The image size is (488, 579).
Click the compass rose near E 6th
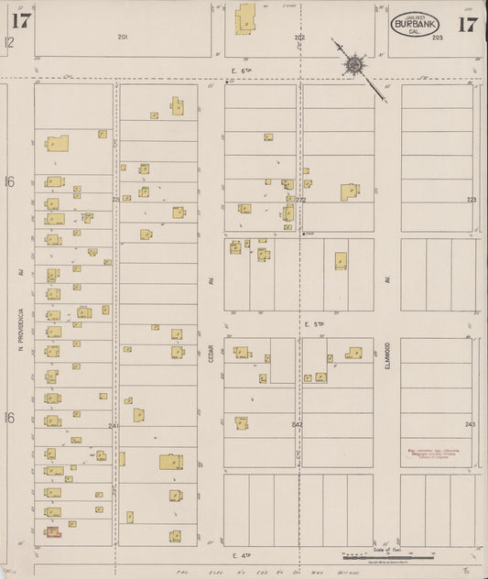352,65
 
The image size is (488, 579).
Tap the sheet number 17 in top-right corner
467,24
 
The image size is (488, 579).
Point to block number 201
122,37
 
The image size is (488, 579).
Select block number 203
438,38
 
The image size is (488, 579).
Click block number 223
472,199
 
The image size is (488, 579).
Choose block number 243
470,424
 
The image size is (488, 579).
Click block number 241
114,426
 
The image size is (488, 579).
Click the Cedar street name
211,355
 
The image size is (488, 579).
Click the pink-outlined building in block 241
52,530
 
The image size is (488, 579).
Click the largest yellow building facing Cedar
170,463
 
